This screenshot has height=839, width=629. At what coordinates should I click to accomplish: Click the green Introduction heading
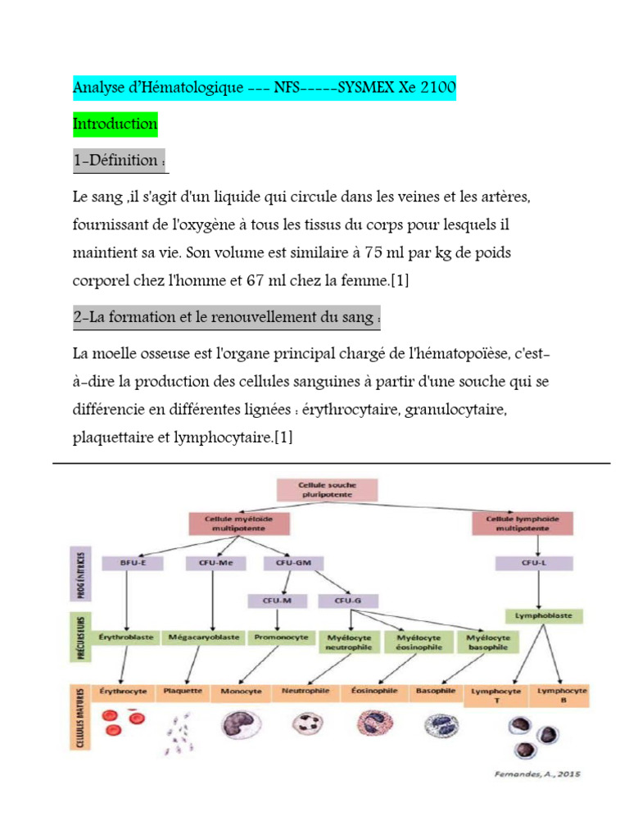[x=115, y=125]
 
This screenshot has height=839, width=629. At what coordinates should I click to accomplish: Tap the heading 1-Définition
[x=120, y=161]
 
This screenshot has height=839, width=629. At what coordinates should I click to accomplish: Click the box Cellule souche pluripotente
[x=327, y=489]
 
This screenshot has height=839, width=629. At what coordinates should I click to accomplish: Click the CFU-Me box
[x=210, y=563]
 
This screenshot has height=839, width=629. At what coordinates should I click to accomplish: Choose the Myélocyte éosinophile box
[x=419, y=641]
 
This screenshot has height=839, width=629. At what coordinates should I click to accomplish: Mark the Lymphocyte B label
[x=562, y=696]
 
